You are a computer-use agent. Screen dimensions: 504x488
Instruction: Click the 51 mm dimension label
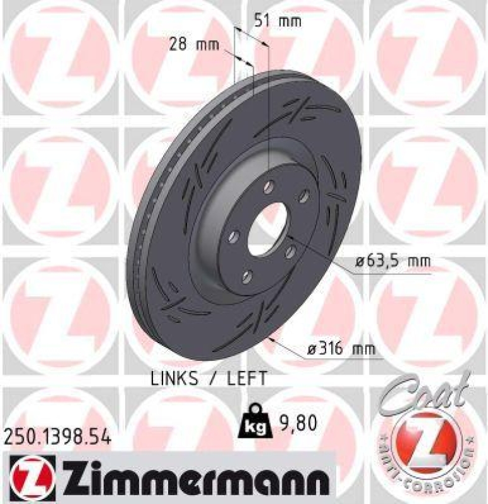pos(278,21)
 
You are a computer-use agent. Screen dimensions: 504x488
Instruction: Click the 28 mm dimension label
pos(194,45)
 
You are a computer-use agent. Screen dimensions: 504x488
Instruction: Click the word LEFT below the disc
pos(242,378)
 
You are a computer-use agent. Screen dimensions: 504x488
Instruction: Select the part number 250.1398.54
pos(57,437)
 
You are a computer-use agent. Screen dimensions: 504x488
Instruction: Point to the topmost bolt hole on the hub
pos(269,186)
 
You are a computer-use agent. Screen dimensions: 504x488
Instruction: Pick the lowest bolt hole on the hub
pos(247,276)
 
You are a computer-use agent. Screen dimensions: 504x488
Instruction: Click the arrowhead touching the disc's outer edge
pos(271,339)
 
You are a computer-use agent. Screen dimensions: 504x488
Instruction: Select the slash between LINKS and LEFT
pos(212,378)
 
